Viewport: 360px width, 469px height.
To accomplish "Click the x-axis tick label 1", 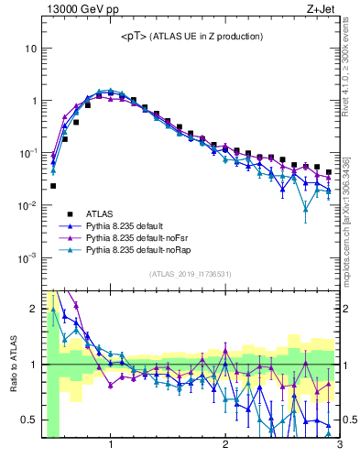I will pos(111,445).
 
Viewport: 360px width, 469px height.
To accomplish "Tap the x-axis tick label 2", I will pos(225,445).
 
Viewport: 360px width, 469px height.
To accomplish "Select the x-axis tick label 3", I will pos(339,445).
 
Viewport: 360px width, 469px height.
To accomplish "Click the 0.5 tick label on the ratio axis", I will pos(29,420).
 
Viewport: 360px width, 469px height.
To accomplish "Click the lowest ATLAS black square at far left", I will pos(53,186).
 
